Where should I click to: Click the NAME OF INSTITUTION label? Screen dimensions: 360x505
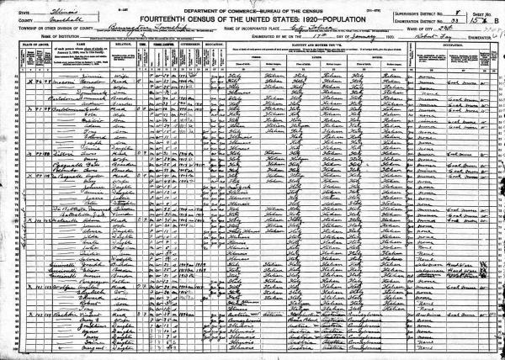click(x=34, y=34)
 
